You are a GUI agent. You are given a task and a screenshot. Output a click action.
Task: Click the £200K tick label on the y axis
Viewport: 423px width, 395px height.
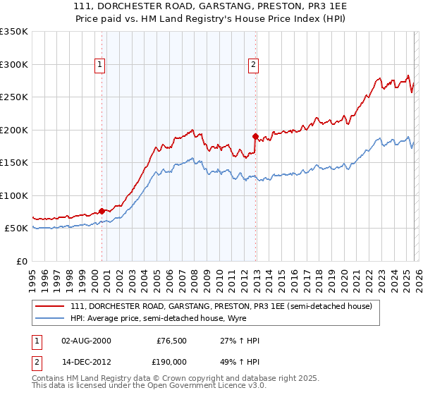[x=13, y=130]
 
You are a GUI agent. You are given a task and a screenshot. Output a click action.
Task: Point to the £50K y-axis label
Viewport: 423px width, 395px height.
[x=16, y=229]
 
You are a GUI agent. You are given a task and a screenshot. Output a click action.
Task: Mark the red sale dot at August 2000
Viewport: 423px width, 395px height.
[x=102, y=211]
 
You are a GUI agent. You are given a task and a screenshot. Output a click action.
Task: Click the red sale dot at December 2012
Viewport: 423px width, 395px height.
[x=255, y=135]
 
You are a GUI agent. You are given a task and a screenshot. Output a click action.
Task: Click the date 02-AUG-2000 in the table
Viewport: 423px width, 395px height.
[x=87, y=341]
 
